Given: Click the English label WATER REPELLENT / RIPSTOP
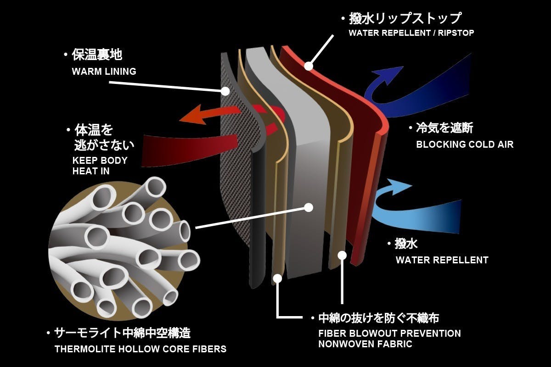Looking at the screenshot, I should pos(411,33).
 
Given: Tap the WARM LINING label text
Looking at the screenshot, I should pos(104,72).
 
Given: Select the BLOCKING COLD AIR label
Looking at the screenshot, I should pos(464,145).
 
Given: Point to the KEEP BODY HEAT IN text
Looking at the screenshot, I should pos(100,166).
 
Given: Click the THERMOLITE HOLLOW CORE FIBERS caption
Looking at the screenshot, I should pos(140,349).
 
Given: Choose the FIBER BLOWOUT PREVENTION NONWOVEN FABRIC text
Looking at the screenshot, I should pos(389,339).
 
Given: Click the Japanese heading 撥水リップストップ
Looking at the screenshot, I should pos(404,19).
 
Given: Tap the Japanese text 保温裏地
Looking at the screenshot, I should pos(96,56).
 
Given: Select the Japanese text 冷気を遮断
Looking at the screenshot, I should pos(444,128).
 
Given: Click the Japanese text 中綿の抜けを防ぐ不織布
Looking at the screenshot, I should pos(379,318).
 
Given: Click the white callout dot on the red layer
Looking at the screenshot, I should pos(309,66).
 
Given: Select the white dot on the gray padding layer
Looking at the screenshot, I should pos(309,207).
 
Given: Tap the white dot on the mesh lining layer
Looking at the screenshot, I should pos(225,91).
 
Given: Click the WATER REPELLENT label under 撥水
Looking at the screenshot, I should pos(442,260).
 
